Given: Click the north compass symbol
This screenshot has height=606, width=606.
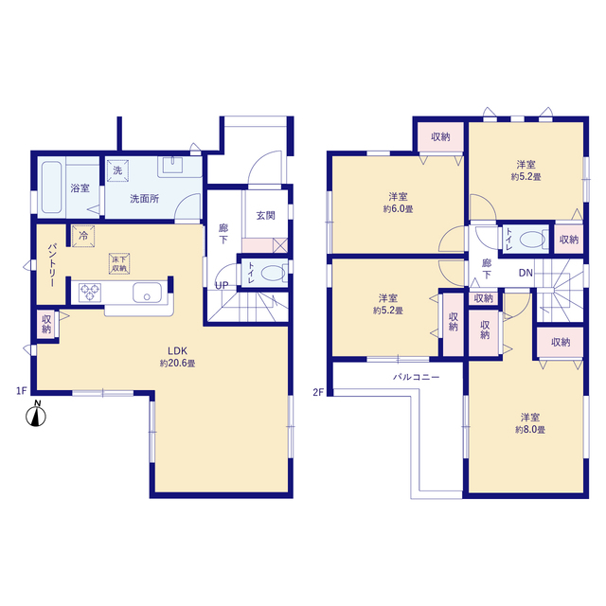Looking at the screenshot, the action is pyautogui.click(x=36, y=415).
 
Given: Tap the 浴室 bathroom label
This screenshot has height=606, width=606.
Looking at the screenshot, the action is pyautogui.click(x=80, y=188).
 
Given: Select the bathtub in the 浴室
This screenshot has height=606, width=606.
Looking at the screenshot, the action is pyautogui.click(x=52, y=187).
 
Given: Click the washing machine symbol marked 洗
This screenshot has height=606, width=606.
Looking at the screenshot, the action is pyautogui.click(x=117, y=170).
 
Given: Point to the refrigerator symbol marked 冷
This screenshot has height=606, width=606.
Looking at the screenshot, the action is pyautogui.click(x=83, y=236).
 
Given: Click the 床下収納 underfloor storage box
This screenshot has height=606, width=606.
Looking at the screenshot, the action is pyautogui.click(x=119, y=264).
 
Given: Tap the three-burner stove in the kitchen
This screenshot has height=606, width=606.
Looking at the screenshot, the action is pyautogui.click(x=90, y=293).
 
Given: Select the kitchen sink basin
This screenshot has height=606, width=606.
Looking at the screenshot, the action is pyautogui.click(x=148, y=293).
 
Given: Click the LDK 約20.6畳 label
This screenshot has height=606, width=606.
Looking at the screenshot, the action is pyautogui.click(x=177, y=357).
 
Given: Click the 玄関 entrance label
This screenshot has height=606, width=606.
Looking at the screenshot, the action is pyautogui.click(x=266, y=216).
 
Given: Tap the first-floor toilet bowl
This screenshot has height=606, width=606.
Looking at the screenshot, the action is pyautogui.click(x=274, y=274).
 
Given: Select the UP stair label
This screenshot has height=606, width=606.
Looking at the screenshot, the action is pyautogui.click(x=222, y=286).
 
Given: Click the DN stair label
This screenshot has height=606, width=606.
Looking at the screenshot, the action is pyautogui.click(x=526, y=273).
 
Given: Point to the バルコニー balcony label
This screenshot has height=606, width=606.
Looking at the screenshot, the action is pyautogui.click(x=417, y=377).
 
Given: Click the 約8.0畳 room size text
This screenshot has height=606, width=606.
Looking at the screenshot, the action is pyautogui.click(x=530, y=430).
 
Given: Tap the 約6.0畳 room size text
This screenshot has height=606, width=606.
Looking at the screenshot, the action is pyautogui.click(x=398, y=209).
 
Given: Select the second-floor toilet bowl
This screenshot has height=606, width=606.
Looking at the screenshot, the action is pyautogui.click(x=532, y=240).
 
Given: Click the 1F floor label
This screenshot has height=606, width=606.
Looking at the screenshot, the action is pyautogui.click(x=21, y=391).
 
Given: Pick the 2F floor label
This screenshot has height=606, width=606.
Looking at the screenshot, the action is pyautogui.click(x=318, y=393).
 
